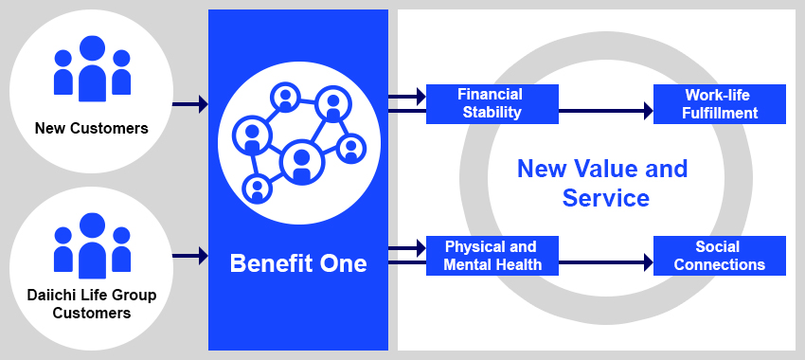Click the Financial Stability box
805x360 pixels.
pos(490,104)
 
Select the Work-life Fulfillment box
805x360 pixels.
pos(720,104)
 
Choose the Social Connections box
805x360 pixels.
pos(720,256)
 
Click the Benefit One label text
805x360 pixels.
pos(298,263)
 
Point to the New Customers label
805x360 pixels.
pos(92,128)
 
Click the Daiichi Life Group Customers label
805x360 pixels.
pos(92,303)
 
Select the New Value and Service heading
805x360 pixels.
pos(603,183)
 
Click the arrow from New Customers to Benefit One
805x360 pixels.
pos(190,104)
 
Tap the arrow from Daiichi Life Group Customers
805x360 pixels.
pos(190,255)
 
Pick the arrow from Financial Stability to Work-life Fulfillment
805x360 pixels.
pos(606,111)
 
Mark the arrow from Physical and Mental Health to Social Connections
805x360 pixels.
pos(606,262)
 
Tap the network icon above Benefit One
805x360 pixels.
pos(298,142)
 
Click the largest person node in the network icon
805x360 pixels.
pos(301,162)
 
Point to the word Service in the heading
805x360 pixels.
pos(606,198)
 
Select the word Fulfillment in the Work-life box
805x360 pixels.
pos(720,114)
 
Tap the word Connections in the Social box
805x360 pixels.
pos(720,265)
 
